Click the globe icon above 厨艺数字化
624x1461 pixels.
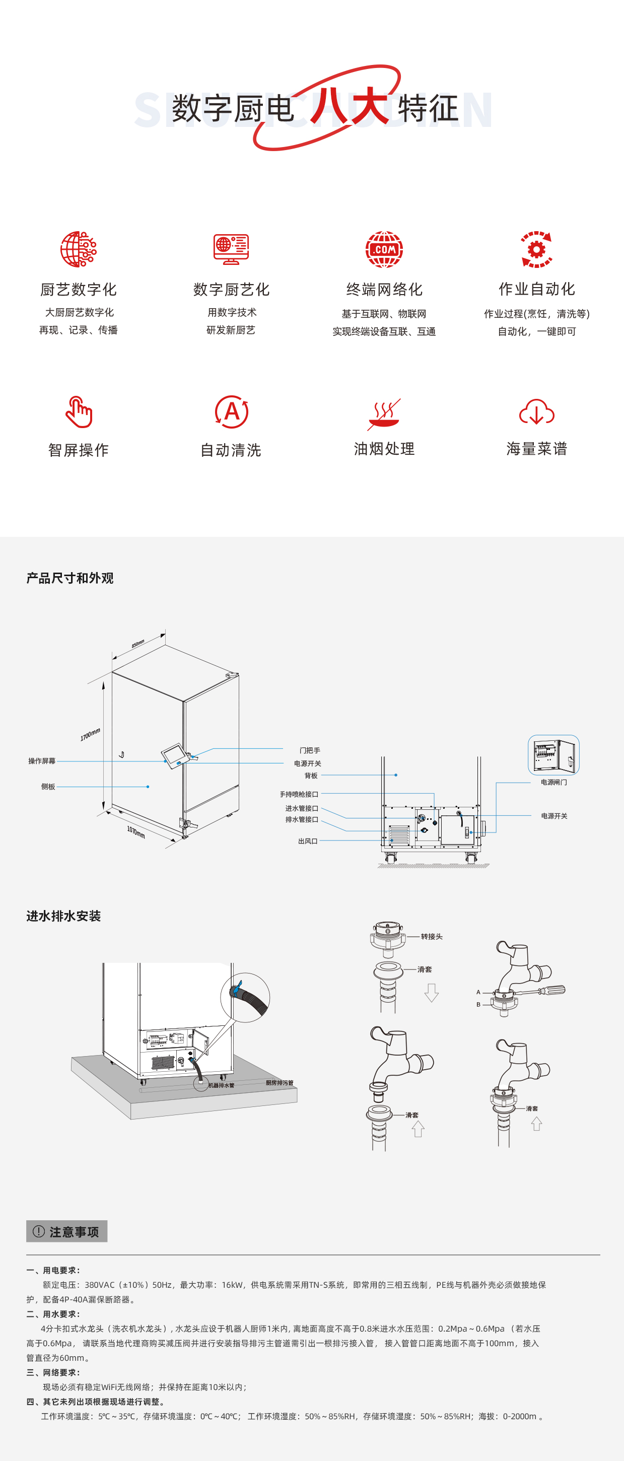(78, 249)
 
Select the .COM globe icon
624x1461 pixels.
(384, 249)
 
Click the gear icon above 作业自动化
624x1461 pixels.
(537, 249)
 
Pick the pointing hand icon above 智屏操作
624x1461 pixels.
(78, 412)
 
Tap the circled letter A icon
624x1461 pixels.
(232, 412)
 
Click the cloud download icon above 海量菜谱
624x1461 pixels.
(537, 412)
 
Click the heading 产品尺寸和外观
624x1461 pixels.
(70, 578)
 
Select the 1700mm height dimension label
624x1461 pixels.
(90, 734)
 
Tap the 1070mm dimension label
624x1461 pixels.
(135, 832)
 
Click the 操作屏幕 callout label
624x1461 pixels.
(42, 761)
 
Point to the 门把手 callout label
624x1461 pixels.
(310, 750)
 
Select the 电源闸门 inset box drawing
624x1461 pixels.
(553, 755)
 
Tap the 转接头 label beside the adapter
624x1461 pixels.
(432, 936)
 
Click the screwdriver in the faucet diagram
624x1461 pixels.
(548, 991)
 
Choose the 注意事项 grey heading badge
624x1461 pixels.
(67, 1231)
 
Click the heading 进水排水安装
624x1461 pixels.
(63, 916)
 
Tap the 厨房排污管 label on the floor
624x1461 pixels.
(280, 1083)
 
